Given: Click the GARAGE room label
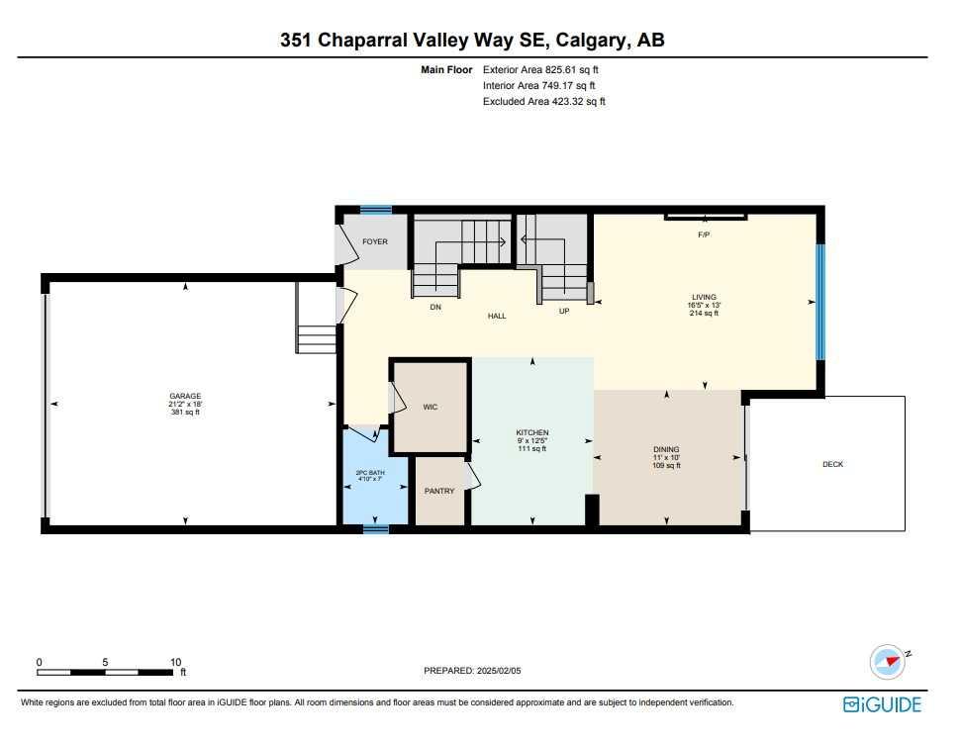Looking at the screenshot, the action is (185, 397).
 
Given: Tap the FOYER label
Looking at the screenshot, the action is (375, 242).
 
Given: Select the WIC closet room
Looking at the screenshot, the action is (431, 408).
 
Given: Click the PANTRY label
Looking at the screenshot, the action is (439, 492).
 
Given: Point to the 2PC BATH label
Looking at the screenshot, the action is (370, 473).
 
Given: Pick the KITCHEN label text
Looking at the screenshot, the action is (532, 433).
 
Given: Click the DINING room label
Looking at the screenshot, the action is (666, 449).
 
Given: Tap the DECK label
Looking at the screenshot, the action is (833, 464).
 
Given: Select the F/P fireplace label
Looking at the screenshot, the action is (704, 235).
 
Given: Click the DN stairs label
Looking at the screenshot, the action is (435, 308).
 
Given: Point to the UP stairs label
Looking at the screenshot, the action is (564, 312).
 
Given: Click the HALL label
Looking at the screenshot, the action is (497, 316).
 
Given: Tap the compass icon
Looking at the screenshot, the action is (888, 662).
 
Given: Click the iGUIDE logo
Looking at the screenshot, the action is (883, 705).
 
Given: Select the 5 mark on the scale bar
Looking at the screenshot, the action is (106, 662).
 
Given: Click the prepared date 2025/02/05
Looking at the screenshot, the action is (498, 671).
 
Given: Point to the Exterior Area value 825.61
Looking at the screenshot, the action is (561, 70).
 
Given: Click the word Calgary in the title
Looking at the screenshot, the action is (592, 41).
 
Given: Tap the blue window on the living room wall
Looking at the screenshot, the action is (820, 302).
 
